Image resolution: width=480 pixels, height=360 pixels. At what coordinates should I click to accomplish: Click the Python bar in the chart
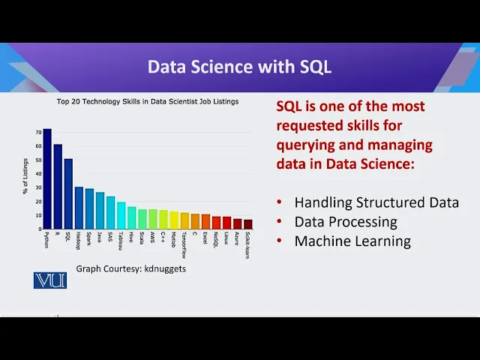(47, 178)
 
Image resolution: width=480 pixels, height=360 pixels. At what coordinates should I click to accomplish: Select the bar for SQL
(68, 193)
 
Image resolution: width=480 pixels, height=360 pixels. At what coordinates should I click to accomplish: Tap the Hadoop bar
(79, 208)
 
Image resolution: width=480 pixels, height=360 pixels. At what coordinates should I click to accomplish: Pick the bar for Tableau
(121, 215)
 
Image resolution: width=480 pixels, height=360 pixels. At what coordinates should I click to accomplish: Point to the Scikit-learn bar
(248, 224)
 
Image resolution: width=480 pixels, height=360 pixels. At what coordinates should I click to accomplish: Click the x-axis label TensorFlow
(184, 245)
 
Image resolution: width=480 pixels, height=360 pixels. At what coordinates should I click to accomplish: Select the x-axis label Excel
(205, 238)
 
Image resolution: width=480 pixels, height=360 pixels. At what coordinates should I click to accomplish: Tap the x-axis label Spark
(88, 238)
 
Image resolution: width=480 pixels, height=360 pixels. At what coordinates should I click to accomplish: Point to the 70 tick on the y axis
(38, 133)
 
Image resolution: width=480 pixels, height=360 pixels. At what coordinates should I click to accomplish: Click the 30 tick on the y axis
(38, 187)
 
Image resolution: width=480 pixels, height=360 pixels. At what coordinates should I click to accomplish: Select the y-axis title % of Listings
(25, 176)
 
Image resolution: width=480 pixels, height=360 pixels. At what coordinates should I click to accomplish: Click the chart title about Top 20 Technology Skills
(148, 102)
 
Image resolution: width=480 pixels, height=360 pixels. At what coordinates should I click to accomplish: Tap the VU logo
(50, 280)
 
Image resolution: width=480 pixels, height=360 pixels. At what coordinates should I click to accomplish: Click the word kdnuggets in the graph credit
(165, 268)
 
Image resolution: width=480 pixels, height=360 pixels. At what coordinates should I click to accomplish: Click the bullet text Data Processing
(346, 222)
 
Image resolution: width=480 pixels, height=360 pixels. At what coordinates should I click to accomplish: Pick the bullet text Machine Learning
(352, 241)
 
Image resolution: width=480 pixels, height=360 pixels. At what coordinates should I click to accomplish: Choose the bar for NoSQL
(217, 223)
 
